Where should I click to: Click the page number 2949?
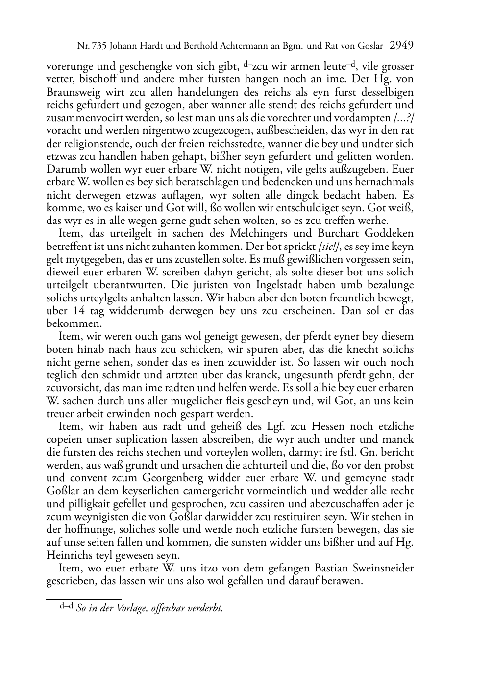coord(401,46)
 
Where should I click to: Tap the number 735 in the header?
coord(99,47)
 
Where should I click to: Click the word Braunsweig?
coord(72,92)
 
